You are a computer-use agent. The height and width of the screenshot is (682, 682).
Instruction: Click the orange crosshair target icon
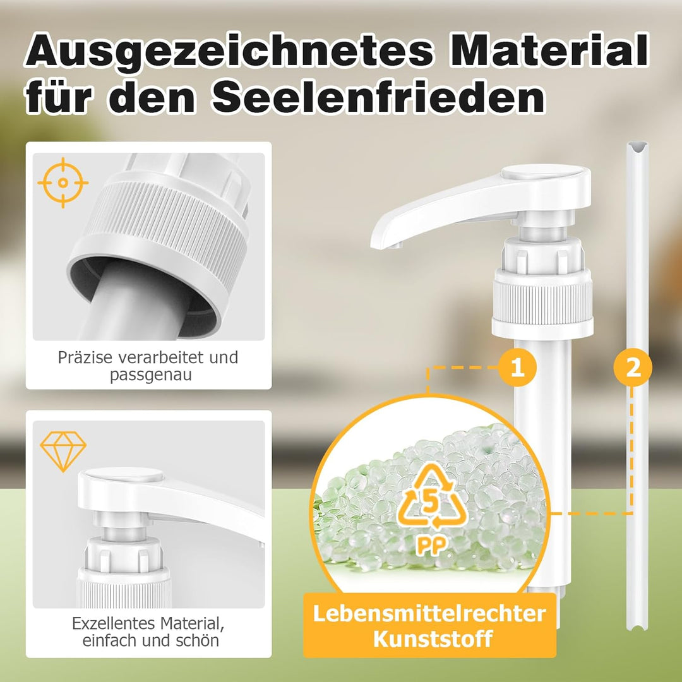(63, 182)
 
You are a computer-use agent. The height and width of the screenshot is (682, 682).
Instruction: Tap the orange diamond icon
(63, 452)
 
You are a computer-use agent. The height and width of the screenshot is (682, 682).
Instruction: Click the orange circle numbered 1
(517, 368)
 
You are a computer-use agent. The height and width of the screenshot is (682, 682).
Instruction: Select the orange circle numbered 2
(633, 368)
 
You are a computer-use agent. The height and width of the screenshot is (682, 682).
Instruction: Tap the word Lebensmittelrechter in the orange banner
(429, 614)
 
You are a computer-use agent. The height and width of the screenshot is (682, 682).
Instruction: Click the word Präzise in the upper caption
(85, 357)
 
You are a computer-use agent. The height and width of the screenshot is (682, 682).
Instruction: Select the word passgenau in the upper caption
(150, 375)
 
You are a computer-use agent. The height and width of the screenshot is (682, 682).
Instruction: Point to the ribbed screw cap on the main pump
(542, 301)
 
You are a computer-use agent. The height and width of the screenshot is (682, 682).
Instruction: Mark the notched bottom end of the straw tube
(637, 625)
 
